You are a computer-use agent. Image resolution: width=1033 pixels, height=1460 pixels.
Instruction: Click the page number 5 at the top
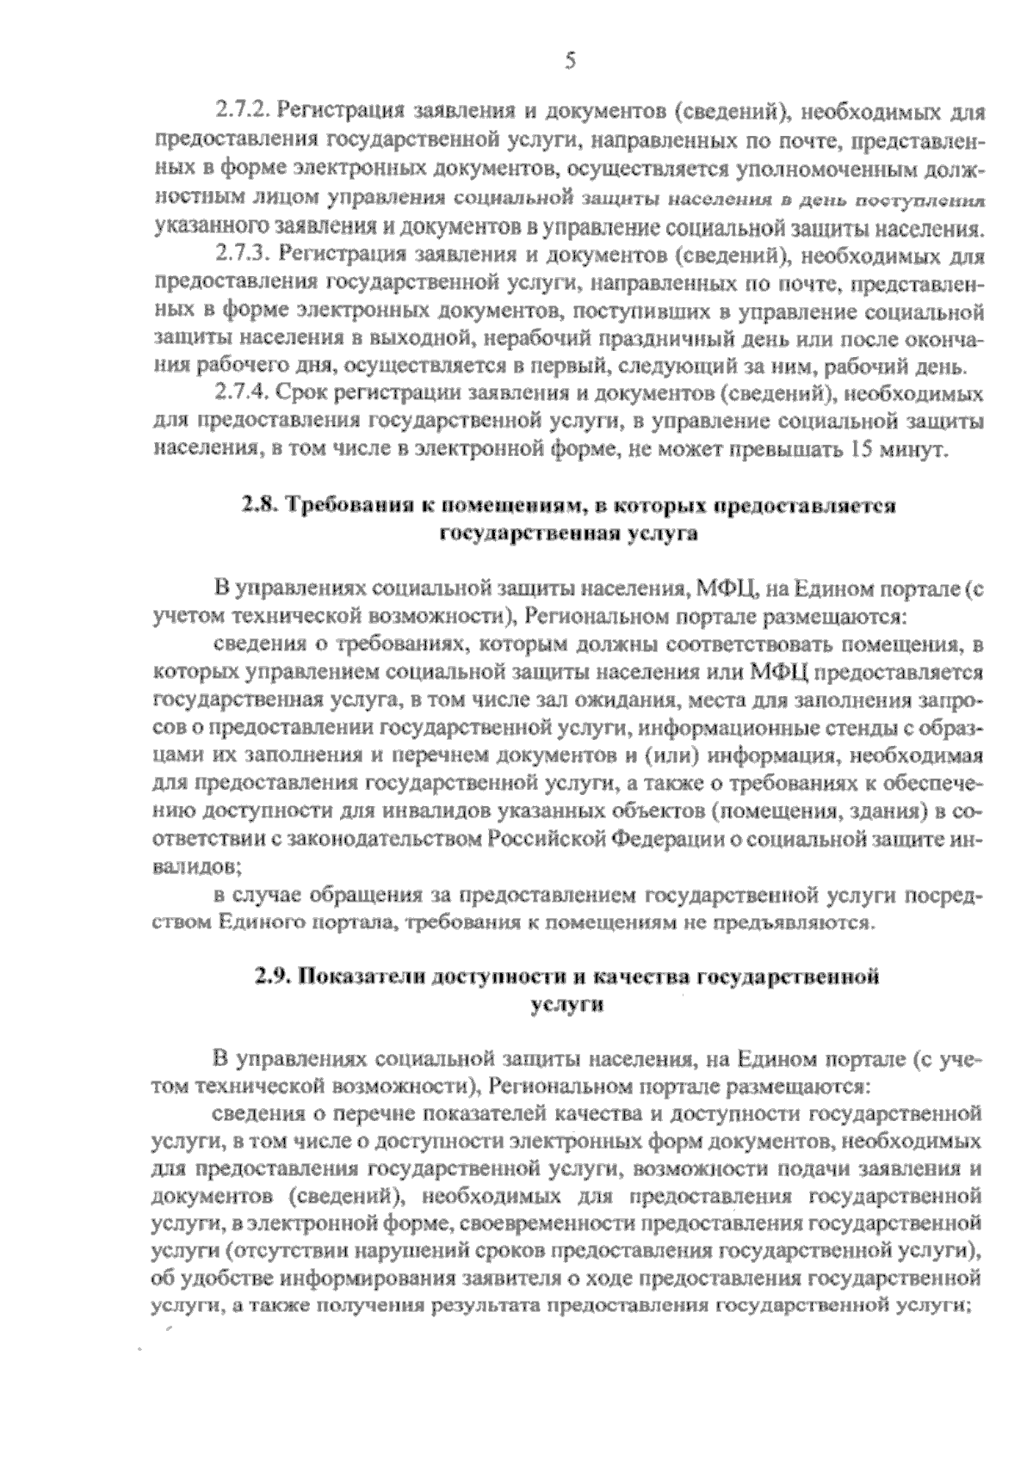(x=569, y=60)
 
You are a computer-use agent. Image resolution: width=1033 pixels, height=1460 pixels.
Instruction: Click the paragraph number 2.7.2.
(x=242, y=112)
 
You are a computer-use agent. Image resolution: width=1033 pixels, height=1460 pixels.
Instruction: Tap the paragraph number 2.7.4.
(x=242, y=395)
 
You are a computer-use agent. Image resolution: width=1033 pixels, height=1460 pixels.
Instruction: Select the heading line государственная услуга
(x=568, y=533)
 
